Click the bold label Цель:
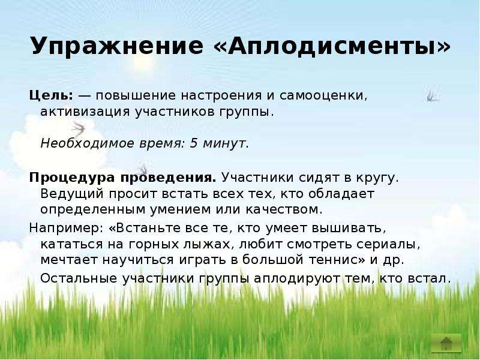pyautogui.click(x=52, y=96)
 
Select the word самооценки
pyautogui.click(x=323, y=96)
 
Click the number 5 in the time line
pyautogui.click(x=193, y=143)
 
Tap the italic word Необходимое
pyautogui.click(x=86, y=143)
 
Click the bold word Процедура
pyautogui.click(x=72, y=178)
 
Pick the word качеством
pyautogui.click(x=284, y=209)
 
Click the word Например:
pyautogui.click(x=66, y=229)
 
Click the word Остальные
pyautogui.click(x=79, y=278)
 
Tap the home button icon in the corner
pyautogui.click(x=446, y=343)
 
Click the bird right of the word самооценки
pyautogui.click(x=433, y=96)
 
